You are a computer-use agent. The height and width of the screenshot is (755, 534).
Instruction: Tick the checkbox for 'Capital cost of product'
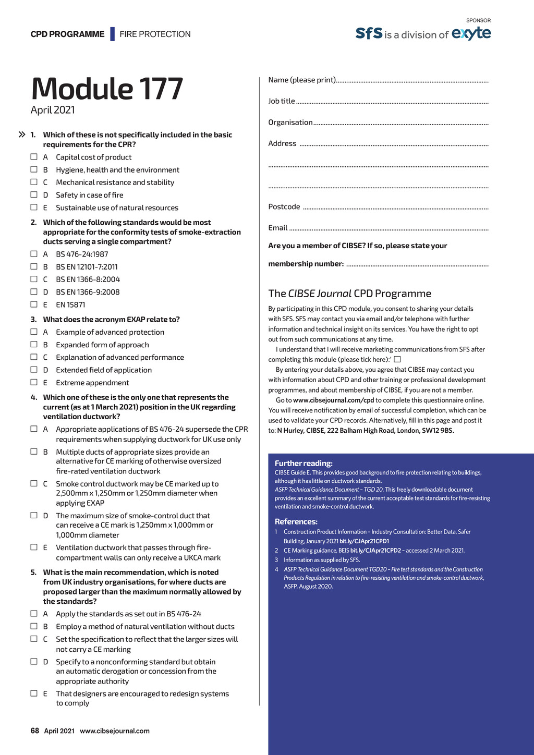click(x=34, y=156)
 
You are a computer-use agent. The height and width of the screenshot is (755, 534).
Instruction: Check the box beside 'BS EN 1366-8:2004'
click(x=34, y=279)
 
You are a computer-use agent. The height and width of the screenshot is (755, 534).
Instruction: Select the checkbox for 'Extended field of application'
click(x=34, y=370)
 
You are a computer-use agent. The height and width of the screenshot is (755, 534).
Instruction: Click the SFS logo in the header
click(x=369, y=33)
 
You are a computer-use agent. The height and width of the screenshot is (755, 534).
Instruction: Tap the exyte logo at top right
click(x=471, y=33)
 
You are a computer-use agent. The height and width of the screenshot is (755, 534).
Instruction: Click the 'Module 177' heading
click(x=107, y=89)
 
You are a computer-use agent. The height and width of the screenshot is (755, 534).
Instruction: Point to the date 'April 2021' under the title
click(x=53, y=110)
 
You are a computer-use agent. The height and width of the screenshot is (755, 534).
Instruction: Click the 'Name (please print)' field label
click(x=302, y=80)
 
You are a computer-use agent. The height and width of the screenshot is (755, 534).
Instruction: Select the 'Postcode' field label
click(x=284, y=206)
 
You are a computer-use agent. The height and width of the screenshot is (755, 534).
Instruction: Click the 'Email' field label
click(x=278, y=228)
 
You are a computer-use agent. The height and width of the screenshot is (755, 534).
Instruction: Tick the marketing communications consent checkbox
click(x=397, y=359)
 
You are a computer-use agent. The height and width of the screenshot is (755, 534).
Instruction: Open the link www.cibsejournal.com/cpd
click(x=333, y=400)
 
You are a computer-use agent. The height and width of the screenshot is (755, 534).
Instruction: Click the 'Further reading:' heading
click(x=304, y=463)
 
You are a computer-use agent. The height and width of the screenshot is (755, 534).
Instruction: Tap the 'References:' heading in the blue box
click(x=296, y=521)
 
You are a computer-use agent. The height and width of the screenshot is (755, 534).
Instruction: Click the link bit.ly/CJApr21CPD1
click(x=364, y=541)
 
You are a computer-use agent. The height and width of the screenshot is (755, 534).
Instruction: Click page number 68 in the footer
click(x=35, y=730)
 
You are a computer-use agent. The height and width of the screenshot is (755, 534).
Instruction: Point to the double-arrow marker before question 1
click(x=22, y=135)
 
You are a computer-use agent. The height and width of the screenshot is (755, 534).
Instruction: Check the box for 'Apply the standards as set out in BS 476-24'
click(x=34, y=614)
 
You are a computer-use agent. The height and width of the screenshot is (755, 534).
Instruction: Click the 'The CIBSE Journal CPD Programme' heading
click(x=349, y=294)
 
